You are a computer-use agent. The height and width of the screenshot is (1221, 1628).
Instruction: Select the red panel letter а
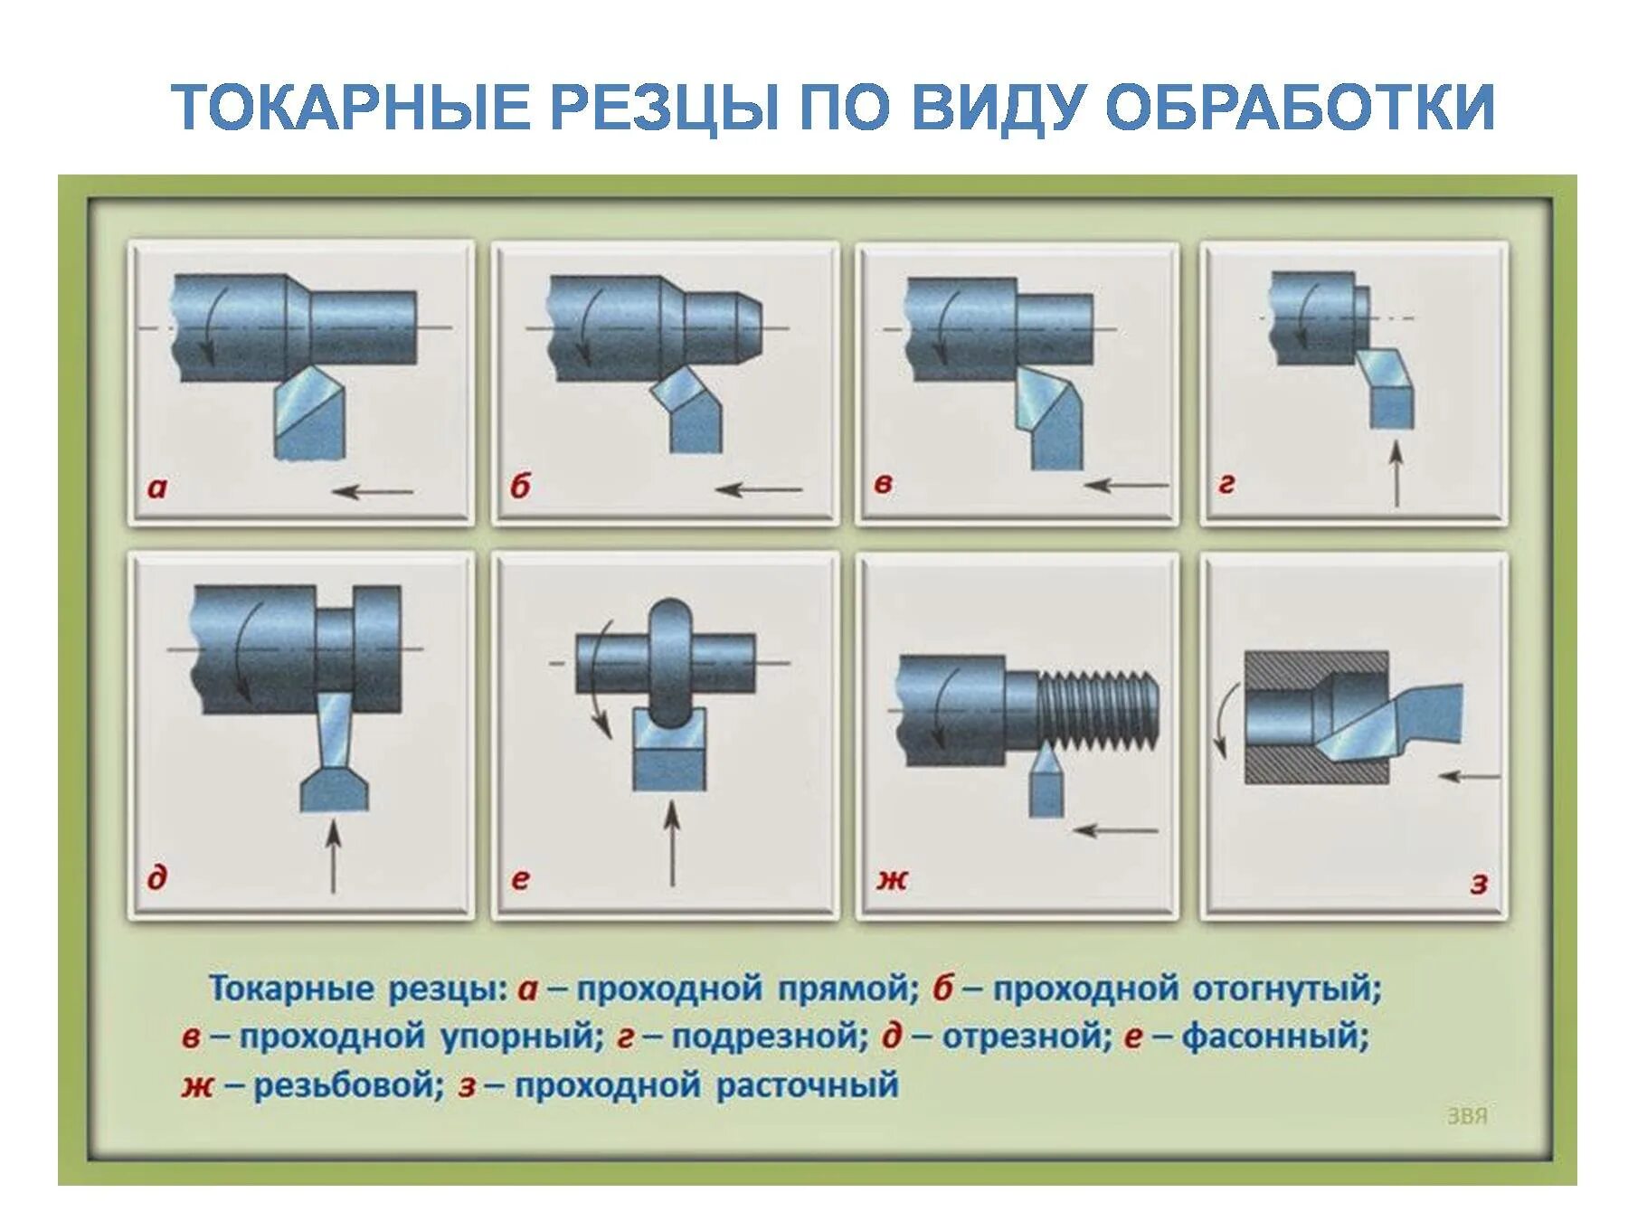pyautogui.click(x=157, y=488)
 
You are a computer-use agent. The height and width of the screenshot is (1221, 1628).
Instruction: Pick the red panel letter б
pyautogui.click(x=520, y=487)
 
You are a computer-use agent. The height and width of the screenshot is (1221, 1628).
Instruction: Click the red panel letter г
pyautogui.click(x=1226, y=485)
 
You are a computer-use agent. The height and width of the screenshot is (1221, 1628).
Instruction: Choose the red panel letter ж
pyautogui.click(x=892, y=877)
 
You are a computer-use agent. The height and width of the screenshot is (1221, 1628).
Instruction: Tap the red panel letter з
pyautogui.click(x=1479, y=882)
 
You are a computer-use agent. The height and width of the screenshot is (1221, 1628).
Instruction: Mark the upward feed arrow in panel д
pyautogui.click(x=334, y=855)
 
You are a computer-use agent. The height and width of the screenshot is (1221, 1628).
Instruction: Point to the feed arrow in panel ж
pyautogui.click(x=1114, y=829)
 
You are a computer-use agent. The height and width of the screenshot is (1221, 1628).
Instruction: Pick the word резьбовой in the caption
pyautogui.click(x=348, y=1084)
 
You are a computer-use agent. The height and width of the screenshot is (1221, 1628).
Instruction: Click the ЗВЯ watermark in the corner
pyautogui.click(x=1467, y=1116)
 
